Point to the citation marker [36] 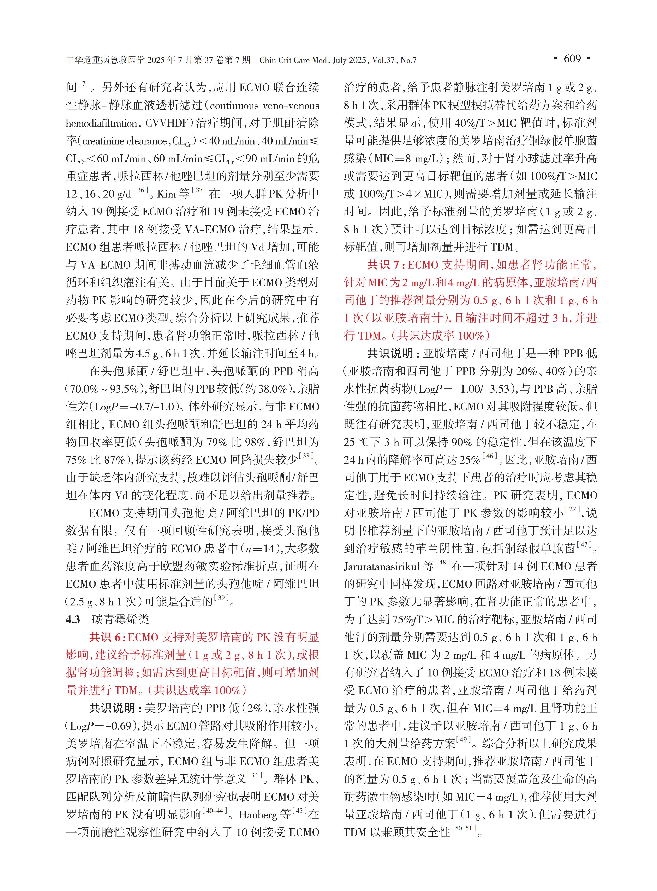tap(140, 191)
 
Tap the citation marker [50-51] tap(464, 829)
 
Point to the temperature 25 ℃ tap(357, 442)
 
